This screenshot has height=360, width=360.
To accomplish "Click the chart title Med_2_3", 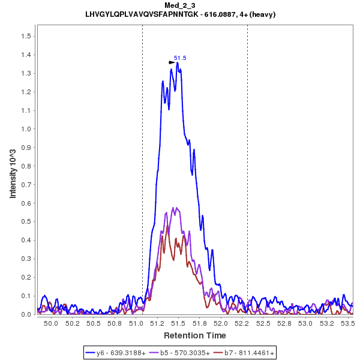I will pyautogui.click(x=181, y=5).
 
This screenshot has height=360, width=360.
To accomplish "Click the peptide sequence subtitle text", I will pyautogui.click(x=181, y=14).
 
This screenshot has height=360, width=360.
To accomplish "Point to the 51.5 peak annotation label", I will pyautogui.click(x=180, y=58).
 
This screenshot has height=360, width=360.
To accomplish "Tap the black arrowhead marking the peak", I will pyautogui.click(x=172, y=62).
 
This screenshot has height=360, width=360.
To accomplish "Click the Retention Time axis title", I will pyautogui.click(x=195, y=335).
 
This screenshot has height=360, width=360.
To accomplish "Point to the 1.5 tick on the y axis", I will pyautogui.click(x=26, y=36).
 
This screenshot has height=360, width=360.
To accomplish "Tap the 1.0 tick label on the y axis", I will pyautogui.click(x=26, y=129).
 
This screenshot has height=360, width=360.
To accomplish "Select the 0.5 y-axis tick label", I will pyautogui.click(x=26, y=221).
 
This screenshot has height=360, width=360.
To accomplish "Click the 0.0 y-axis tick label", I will pyautogui.click(x=26, y=314).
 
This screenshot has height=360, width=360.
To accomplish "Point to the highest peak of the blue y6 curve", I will pyautogui.click(x=178, y=62).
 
